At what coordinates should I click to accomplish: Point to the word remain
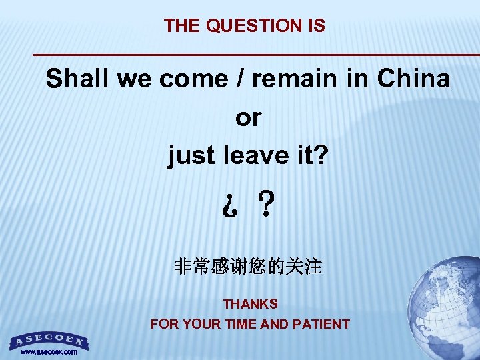pos(293,79)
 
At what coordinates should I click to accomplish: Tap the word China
pos(413,79)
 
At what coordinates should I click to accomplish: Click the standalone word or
pos(248,118)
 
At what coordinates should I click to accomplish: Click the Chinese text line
pos(248,268)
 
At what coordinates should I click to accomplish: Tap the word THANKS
pos(250,304)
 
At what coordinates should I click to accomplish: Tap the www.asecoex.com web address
pos(49,351)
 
